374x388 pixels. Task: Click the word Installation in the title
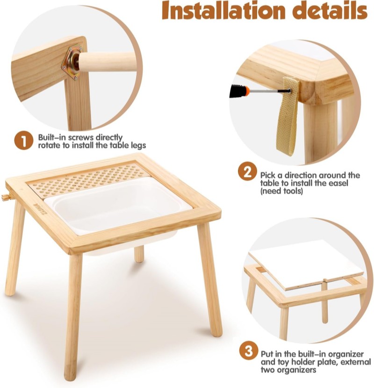coord(223,10)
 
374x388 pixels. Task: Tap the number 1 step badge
coord(23,140)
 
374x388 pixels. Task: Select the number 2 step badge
coord(247,171)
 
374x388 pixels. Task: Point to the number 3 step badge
coord(249,351)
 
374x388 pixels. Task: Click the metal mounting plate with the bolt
coord(72,62)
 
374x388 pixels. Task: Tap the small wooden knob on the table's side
coord(6,197)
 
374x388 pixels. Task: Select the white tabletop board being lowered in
coord(306,265)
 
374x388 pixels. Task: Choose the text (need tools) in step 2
coord(281,191)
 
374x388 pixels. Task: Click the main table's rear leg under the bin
coord(139,254)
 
